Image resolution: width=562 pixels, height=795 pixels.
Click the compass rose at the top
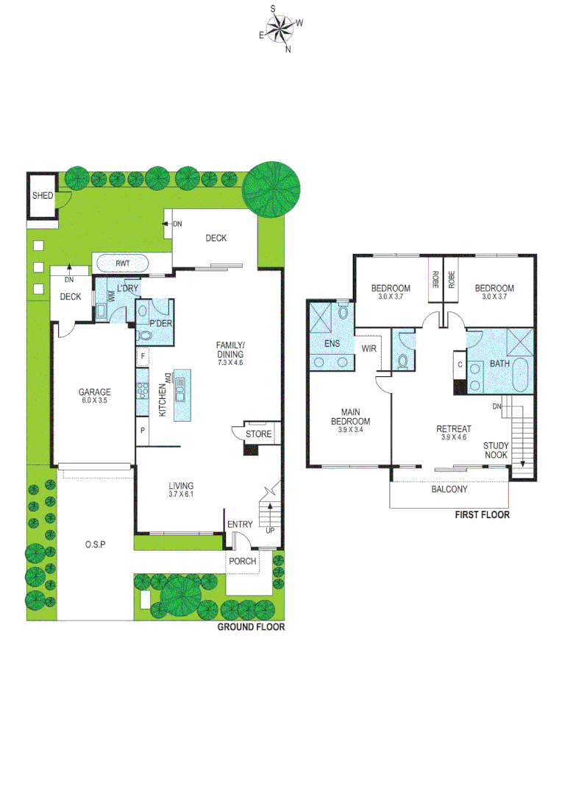[x=280, y=29]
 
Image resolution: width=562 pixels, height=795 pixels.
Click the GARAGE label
[x=95, y=392]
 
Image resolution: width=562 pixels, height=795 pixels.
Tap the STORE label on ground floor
[x=258, y=434]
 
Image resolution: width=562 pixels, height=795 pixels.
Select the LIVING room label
[x=180, y=486]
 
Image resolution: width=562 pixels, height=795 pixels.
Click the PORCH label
[x=242, y=561]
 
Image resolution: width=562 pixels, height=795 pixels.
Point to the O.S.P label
[x=94, y=544]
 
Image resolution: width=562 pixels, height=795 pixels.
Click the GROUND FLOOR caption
[x=251, y=627]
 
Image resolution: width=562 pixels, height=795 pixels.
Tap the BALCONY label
[x=449, y=489]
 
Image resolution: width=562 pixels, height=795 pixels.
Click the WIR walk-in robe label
[x=369, y=348]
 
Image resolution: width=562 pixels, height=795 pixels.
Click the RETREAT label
[x=453, y=429]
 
